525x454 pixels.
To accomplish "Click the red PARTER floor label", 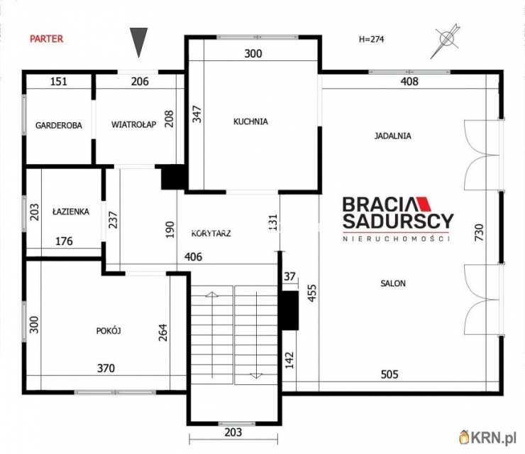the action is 47,39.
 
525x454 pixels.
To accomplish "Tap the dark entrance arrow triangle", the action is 138,42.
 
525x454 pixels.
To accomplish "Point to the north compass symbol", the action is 446,41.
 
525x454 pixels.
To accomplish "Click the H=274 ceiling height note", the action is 371,39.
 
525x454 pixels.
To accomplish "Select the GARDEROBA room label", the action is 59,126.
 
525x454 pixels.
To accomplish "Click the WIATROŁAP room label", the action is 133,125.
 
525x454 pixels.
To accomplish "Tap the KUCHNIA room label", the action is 250,121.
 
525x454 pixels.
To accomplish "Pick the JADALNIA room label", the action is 392,136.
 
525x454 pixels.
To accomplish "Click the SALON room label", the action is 393,283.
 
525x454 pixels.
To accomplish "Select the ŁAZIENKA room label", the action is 71,212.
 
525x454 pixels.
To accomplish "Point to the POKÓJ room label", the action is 109,331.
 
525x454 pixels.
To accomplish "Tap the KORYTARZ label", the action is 211,233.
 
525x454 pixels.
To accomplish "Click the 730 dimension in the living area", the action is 479,232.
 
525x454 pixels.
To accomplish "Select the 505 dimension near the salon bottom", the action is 389,374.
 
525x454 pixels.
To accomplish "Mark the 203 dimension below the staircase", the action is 233,432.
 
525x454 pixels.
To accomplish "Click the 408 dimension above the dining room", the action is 409,81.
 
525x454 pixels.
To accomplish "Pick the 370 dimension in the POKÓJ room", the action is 106,368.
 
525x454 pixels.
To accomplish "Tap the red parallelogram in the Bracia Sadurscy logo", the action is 423,203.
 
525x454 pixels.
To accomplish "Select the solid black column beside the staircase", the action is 289,310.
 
